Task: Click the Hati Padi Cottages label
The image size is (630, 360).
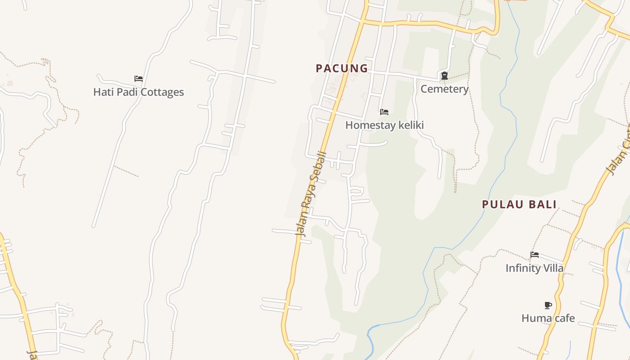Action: tap(139, 92)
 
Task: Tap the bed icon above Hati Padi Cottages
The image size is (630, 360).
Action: tap(139, 79)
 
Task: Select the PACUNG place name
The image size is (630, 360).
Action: tap(342, 68)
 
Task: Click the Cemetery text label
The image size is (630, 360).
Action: tap(445, 89)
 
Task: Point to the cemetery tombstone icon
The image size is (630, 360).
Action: tap(445, 76)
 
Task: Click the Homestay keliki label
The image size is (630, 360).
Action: tap(384, 125)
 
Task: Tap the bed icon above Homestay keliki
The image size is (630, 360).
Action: tap(384, 112)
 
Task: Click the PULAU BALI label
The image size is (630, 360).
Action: tap(519, 204)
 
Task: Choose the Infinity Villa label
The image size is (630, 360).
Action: tap(534, 268)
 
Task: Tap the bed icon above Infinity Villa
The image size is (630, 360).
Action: tap(535, 255)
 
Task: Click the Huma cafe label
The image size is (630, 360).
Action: tap(548, 318)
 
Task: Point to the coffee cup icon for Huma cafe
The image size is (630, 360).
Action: tap(548, 305)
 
